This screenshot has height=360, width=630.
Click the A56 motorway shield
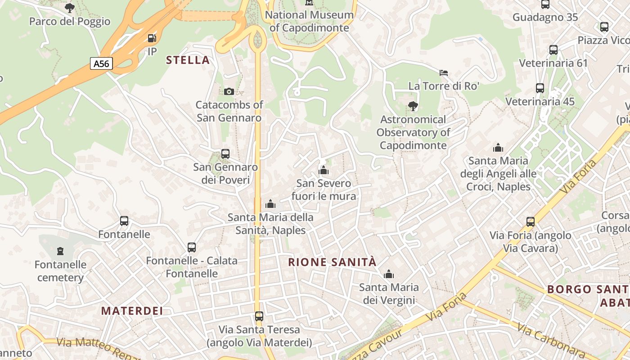[101, 63]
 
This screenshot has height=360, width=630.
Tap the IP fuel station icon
[152, 38]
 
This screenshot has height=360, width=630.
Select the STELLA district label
[188, 60]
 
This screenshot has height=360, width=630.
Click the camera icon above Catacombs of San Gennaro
[229, 91]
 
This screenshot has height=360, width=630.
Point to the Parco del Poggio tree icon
[69, 8]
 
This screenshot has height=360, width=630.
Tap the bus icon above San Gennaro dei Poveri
[225, 154]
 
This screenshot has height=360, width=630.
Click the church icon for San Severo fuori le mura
[323, 170]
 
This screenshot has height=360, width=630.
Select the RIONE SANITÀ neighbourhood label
[332, 262]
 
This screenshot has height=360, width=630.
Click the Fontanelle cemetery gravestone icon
[60, 251]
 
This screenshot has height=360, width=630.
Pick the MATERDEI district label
[132, 311]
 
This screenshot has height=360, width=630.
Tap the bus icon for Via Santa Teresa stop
[259, 316]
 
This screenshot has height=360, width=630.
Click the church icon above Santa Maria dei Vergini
[388, 274]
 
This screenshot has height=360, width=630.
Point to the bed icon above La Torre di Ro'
[444, 72]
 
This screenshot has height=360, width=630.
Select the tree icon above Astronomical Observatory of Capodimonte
[413, 106]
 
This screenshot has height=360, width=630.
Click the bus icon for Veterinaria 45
[540, 88]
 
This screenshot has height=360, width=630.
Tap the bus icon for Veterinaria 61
[553, 50]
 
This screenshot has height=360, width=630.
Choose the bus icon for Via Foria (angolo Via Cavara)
[531, 222]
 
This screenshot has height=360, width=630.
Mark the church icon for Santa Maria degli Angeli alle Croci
[498, 148]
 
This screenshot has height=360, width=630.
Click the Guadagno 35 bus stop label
[545, 18]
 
